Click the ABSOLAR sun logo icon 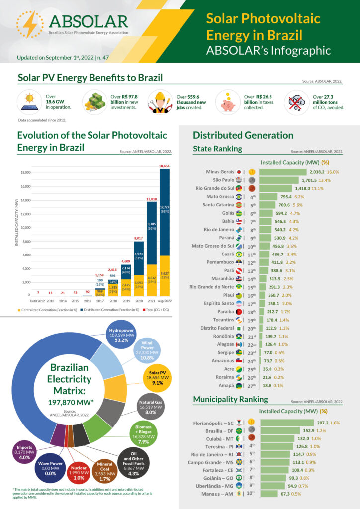pyautogui.click(x=30, y=24)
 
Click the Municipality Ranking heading pyautogui.click(x=230, y=399)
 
